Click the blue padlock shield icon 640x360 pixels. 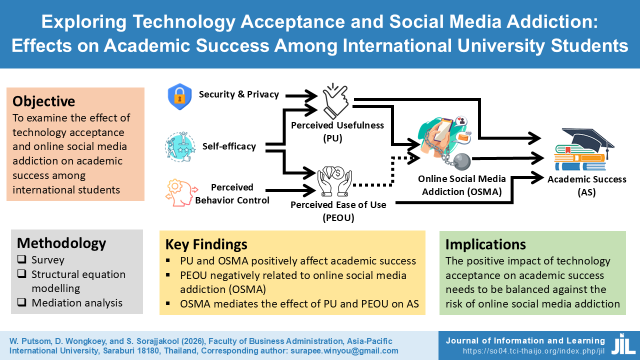[179, 96]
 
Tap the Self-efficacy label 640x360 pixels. [229, 146]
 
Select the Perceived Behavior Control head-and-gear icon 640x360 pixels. [178, 194]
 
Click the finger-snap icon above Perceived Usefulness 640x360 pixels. [335, 100]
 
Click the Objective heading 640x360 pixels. [44, 101]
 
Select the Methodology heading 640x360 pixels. [61, 243]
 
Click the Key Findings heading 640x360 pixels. [206, 244]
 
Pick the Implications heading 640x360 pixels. [485, 244]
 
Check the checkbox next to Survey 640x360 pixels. [22, 260]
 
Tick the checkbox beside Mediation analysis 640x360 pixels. [22, 303]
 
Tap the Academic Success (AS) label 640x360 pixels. [586, 185]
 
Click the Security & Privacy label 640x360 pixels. [238, 94]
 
